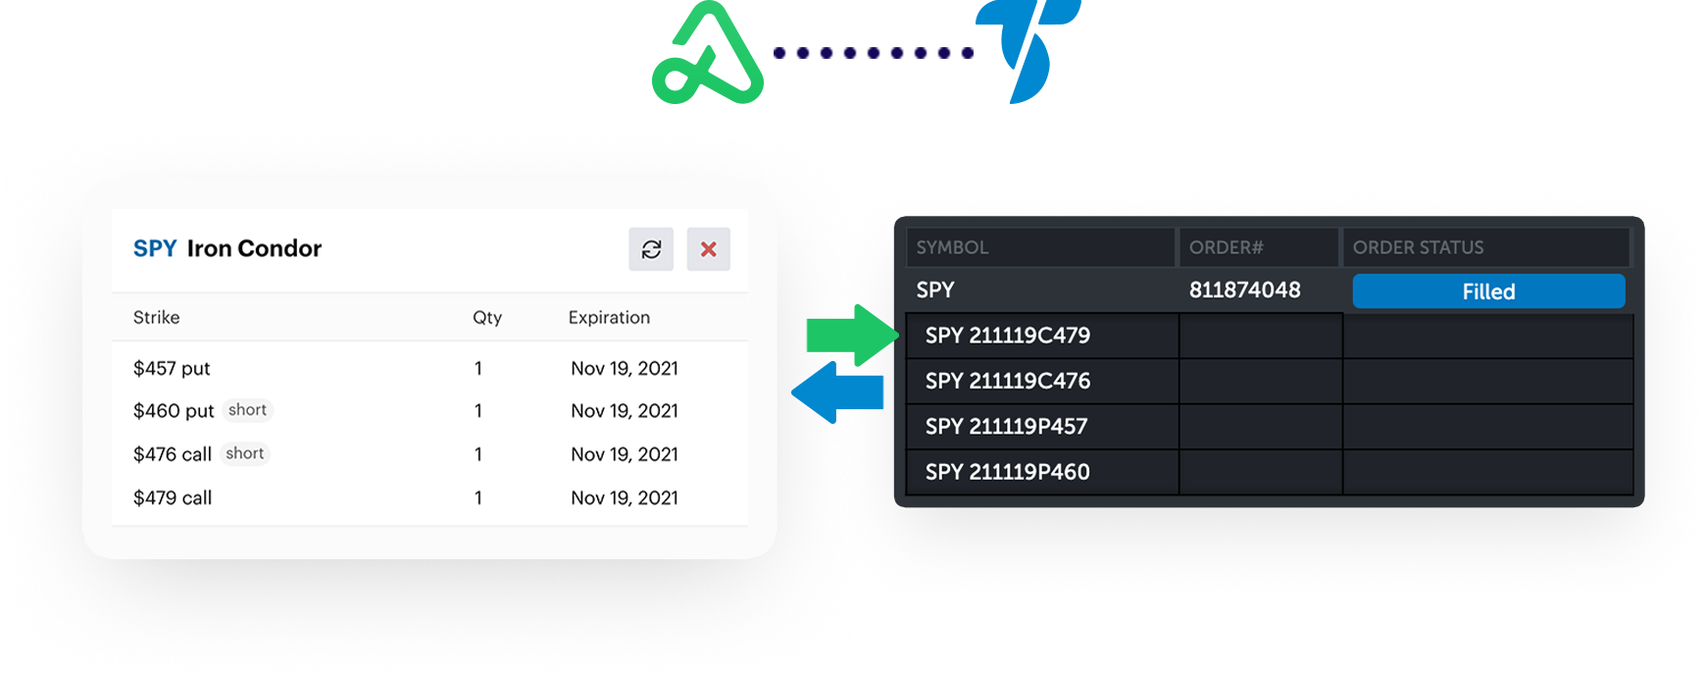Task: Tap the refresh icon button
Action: tap(651, 249)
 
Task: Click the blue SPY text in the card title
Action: tap(155, 248)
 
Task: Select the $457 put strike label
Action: tap(172, 368)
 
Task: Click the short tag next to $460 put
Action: tap(247, 410)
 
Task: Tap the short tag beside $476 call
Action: tap(245, 453)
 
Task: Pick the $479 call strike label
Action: tap(173, 497)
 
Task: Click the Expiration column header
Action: tap(609, 317)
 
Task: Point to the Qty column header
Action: tap(487, 317)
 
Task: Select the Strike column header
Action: tap(157, 317)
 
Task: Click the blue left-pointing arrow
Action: tap(837, 392)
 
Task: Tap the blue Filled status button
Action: tap(1488, 291)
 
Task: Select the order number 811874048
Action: tap(1245, 289)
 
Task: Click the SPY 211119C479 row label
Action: tap(1008, 336)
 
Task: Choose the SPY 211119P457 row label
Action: tap(1007, 427)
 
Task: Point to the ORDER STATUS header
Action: tap(1419, 247)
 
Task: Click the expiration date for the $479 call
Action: tap(625, 497)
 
